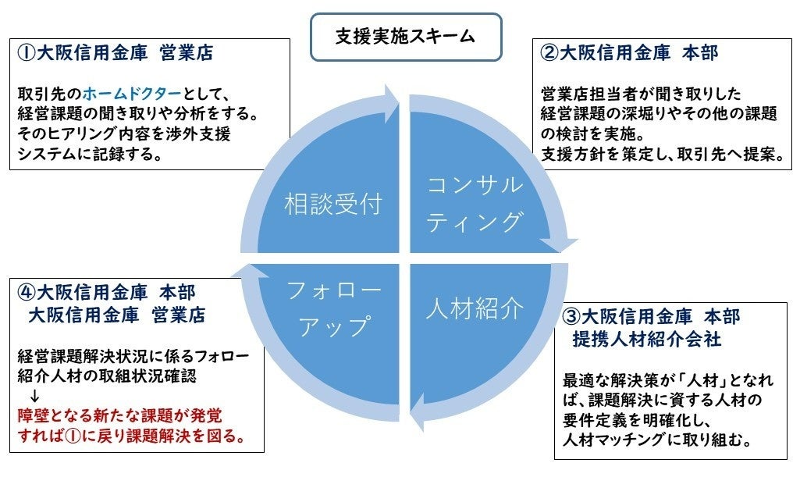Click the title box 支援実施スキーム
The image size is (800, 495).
[406, 37]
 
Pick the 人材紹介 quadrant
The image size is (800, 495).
[474, 309]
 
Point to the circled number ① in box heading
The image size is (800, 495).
[24, 54]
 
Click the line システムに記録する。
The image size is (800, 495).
[90, 154]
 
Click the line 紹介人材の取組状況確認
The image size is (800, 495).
[108, 376]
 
